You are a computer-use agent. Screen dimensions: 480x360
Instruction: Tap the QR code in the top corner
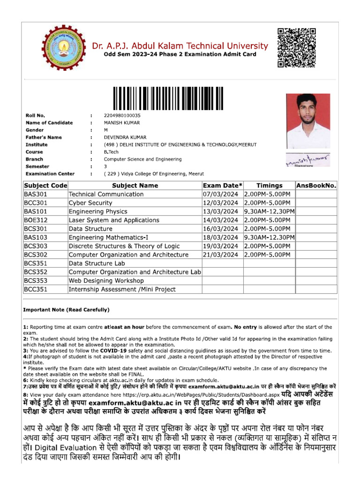(x=296, y=47)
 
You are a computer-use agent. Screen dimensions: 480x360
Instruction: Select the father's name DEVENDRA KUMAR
(x=125, y=137)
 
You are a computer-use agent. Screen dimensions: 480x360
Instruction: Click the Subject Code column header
(x=45, y=186)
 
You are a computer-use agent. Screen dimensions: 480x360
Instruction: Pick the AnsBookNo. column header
(x=316, y=186)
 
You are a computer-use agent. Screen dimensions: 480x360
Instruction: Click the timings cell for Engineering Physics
(x=269, y=212)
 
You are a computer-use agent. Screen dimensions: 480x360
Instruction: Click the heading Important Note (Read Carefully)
(x=66, y=310)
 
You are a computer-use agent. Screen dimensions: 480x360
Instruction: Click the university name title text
(x=180, y=46)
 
